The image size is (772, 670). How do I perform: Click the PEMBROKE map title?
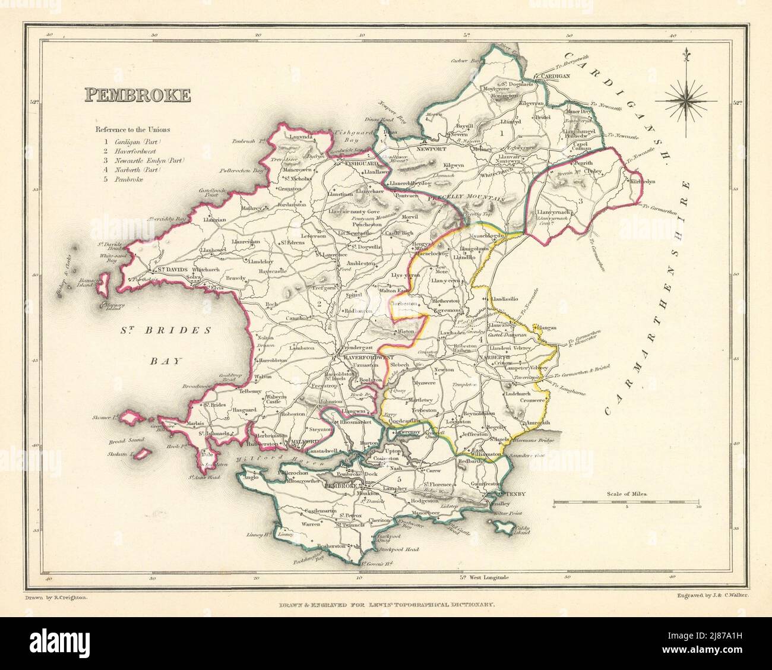coord(138,94)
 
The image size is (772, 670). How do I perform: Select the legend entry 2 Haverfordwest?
coord(128,151)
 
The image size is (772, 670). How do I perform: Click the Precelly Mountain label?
coord(470,200)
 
